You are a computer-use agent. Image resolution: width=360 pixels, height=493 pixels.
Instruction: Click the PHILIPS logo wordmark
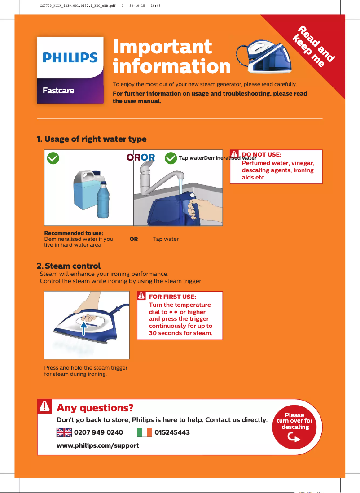pyautogui.click(x=70, y=58)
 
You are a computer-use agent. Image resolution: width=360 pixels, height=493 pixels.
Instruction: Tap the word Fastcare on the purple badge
pyautogui.click(x=58, y=91)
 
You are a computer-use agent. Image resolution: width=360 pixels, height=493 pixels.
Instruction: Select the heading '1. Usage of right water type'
pyautogui.click(x=91, y=139)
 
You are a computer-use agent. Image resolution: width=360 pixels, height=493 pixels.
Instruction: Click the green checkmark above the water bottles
pyautogui.click(x=53, y=157)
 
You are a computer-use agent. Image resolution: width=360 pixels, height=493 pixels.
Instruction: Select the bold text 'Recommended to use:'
pyautogui.click(x=74, y=233)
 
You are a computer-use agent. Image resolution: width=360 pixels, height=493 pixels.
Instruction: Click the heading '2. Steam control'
pyautogui.click(x=68, y=266)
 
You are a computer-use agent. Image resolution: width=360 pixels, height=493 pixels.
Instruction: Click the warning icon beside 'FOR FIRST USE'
pyautogui.click(x=141, y=297)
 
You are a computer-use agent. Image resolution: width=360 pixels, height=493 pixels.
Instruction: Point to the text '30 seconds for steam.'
pyautogui.click(x=180, y=333)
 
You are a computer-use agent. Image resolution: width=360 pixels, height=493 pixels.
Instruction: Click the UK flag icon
pyautogui.click(x=64, y=432)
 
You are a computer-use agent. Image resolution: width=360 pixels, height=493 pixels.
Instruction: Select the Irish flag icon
pyautogui.click(x=144, y=432)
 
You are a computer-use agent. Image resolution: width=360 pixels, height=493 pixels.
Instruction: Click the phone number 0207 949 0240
pyautogui.click(x=98, y=432)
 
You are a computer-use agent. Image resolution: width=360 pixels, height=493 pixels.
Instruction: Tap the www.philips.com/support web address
pyautogui.click(x=97, y=445)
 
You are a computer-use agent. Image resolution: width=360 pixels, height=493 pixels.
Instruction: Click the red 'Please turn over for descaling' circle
pyautogui.click(x=294, y=426)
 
